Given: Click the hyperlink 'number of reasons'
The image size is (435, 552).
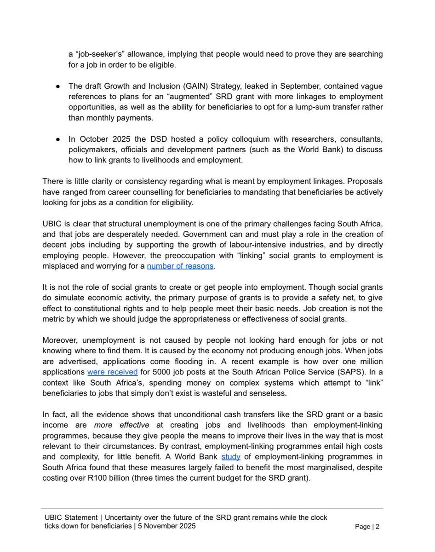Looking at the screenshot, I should coord(187,266).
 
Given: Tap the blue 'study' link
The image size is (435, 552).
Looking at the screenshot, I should coord(231,457).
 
